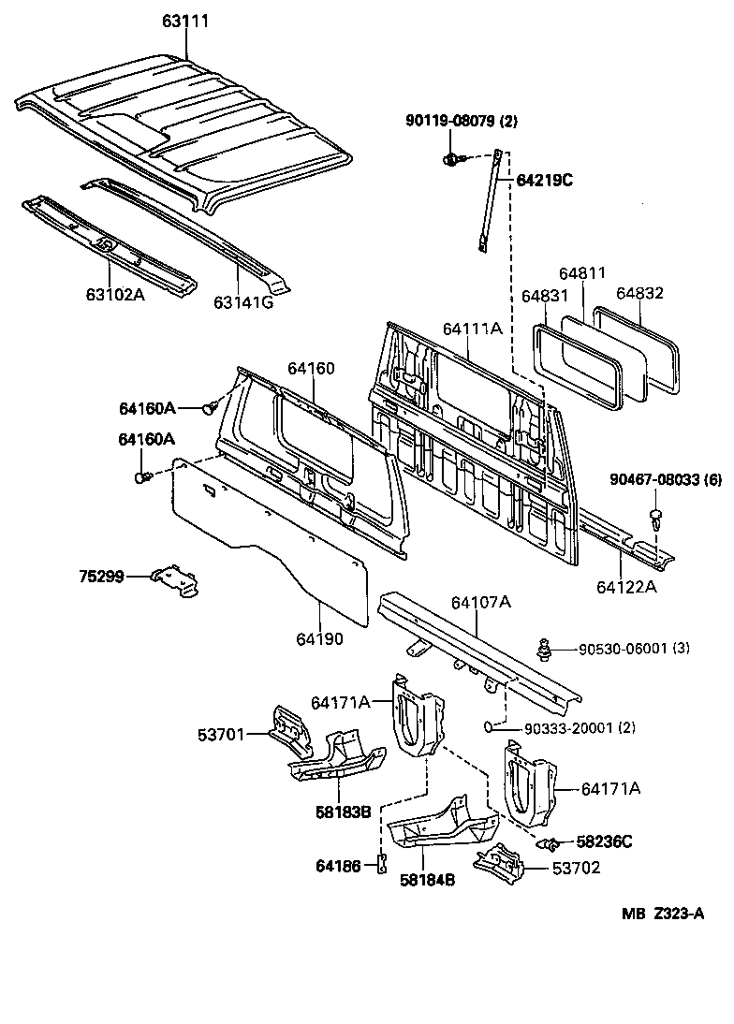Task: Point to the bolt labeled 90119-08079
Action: tap(450, 159)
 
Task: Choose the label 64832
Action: tap(640, 293)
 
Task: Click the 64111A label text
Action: tap(473, 329)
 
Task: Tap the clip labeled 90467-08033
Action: tap(655, 516)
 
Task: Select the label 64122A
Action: tap(626, 587)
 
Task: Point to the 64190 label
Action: tap(320, 639)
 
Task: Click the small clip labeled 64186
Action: tap(381, 866)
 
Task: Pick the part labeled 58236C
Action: tap(551, 843)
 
